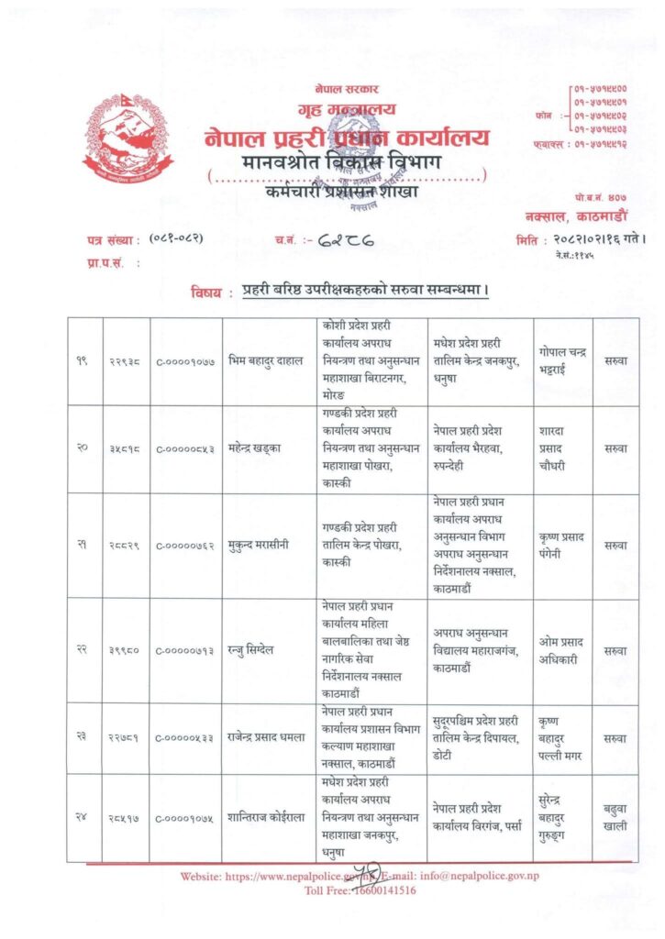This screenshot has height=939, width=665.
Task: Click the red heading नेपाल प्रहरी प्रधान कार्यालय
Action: (348, 138)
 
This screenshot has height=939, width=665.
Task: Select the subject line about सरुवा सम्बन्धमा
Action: (363, 292)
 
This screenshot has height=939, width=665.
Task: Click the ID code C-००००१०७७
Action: (185, 363)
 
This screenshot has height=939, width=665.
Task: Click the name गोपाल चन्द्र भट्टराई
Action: (562, 362)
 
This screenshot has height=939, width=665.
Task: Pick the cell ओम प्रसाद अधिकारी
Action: (562, 649)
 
